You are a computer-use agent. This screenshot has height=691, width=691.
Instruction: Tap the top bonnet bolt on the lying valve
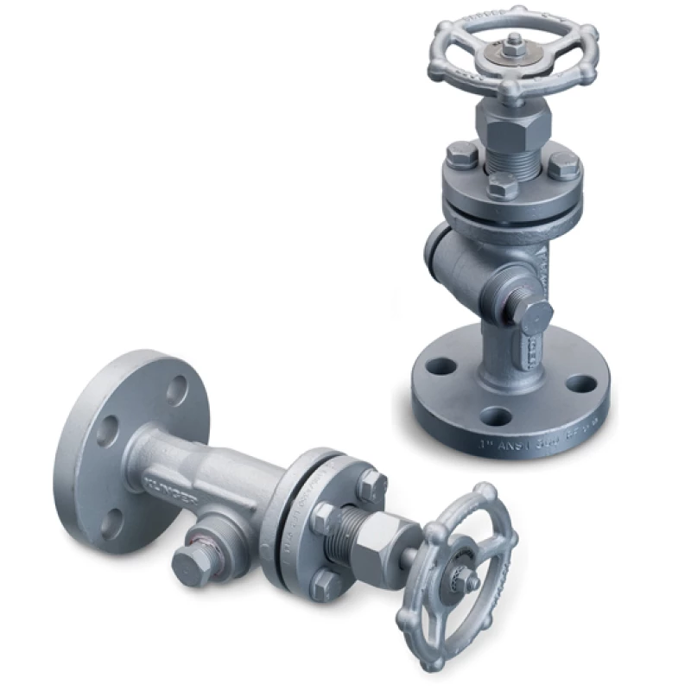click(370, 484)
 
